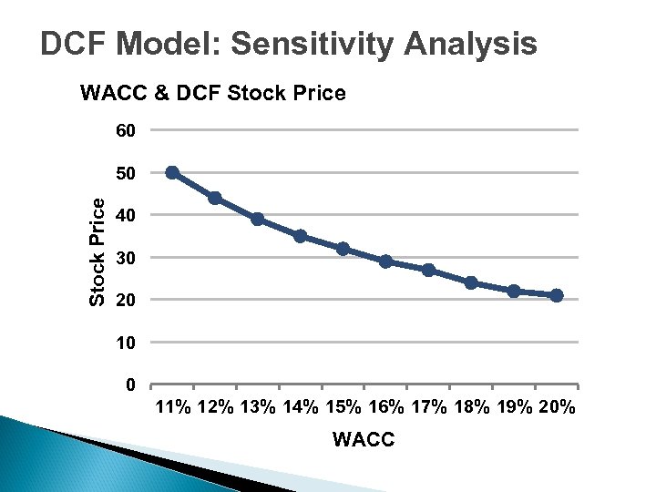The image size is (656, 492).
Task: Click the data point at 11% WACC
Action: (x=172, y=172)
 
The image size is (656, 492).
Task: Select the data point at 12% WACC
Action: (x=215, y=198)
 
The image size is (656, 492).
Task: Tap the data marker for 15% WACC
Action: (x=343, y=249)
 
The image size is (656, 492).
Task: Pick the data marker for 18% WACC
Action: (x=471, y=282)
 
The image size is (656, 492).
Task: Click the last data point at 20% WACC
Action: (x=557, y=295)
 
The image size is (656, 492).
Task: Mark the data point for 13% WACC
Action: (x=258, y=219)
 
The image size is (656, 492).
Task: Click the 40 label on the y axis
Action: (x=126, y=215)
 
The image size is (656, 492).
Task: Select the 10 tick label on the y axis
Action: (x=126, y=343)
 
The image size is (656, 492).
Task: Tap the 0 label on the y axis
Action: (x=131, y=384)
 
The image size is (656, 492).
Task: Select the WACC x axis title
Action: (x=364, y=440)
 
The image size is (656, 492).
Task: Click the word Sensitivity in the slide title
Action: (x=313, y=45)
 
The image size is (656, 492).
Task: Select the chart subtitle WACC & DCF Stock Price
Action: (x=213, y=93)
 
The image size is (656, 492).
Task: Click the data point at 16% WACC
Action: (x=385, y=261)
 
